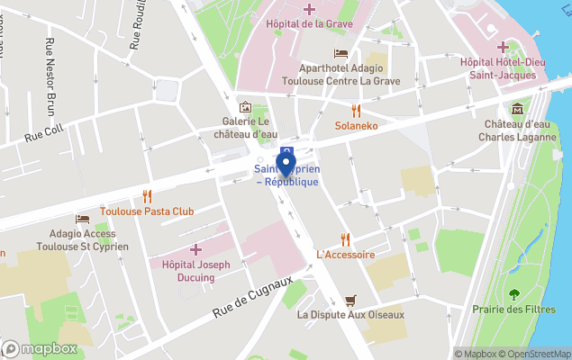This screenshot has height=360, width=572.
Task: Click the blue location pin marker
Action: [x=286, y=166]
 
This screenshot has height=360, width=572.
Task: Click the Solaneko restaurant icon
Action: [x=356, y=111]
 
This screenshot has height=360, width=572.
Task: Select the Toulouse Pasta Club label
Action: [x=147, y=211]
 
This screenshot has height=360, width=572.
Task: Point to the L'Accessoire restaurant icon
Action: [x=345, y=238]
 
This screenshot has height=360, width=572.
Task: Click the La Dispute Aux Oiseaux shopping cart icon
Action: [x=350, y=300]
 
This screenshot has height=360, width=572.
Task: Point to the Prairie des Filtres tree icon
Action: [x=514, y=293]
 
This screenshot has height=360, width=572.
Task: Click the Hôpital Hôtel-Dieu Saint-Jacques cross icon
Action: [x=503, y=47]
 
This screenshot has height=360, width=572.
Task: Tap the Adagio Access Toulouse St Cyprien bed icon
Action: [x=82, y=219]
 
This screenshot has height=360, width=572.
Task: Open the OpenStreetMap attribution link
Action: [x=537, y=354]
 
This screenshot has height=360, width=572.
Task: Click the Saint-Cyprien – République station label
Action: [x=286, y=175]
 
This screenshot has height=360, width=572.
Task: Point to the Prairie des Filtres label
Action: [x=513, y=309]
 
